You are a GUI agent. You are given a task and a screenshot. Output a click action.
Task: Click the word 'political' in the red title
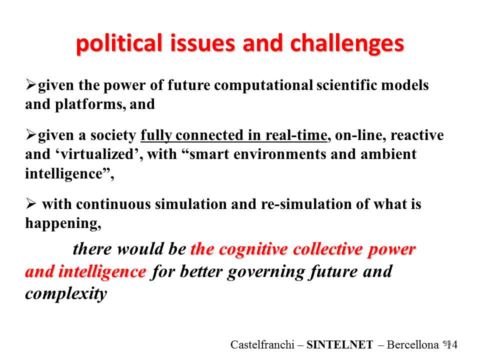pos(119,43)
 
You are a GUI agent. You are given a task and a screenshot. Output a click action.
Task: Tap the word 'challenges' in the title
pos(347,43)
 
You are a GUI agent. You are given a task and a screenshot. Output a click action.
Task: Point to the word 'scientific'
pos(347,85)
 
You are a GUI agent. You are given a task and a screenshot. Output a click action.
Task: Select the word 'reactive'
pos(417,135)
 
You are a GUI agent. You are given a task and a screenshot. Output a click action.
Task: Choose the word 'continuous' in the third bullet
pos(113,204)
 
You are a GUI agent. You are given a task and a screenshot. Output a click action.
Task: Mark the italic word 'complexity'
pos(66,294)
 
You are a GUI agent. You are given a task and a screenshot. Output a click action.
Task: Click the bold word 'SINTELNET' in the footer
pos(340,345)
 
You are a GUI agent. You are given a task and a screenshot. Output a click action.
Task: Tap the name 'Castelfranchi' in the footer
pos(262,345)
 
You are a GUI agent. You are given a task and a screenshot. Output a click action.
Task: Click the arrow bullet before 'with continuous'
pos(31,203)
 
